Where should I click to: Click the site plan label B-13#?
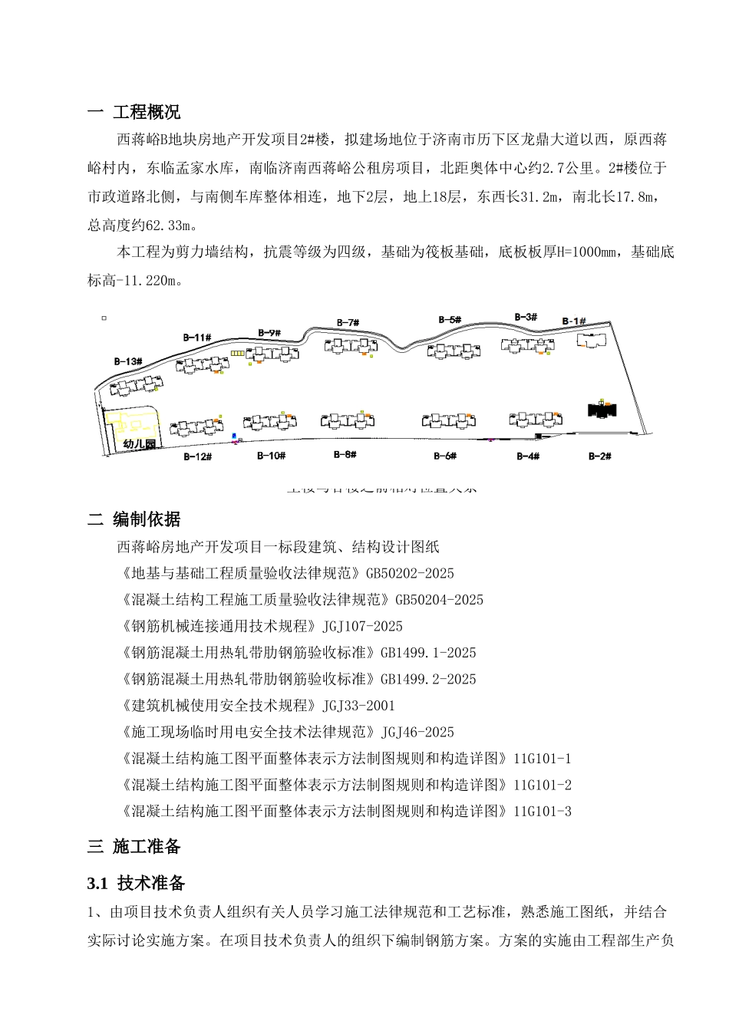[128, 361]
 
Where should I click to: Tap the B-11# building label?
[196, 338]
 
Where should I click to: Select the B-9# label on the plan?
[269, 333]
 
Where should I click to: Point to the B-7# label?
[348, 323]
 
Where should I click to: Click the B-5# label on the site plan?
[450, 320]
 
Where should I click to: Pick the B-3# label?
[526, 317]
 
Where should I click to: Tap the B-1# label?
[573, 321]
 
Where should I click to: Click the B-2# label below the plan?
[599, 456]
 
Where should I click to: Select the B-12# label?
[197, 457]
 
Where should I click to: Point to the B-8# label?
[345, 455]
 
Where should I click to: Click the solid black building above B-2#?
[602, 409]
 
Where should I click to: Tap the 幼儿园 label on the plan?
[139, 444]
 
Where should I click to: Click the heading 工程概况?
[147, 113]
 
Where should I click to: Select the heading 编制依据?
[147, 520]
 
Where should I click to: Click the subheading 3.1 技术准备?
[137, 884]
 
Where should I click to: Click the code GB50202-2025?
[410, 574]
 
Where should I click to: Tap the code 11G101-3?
[543, 812]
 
